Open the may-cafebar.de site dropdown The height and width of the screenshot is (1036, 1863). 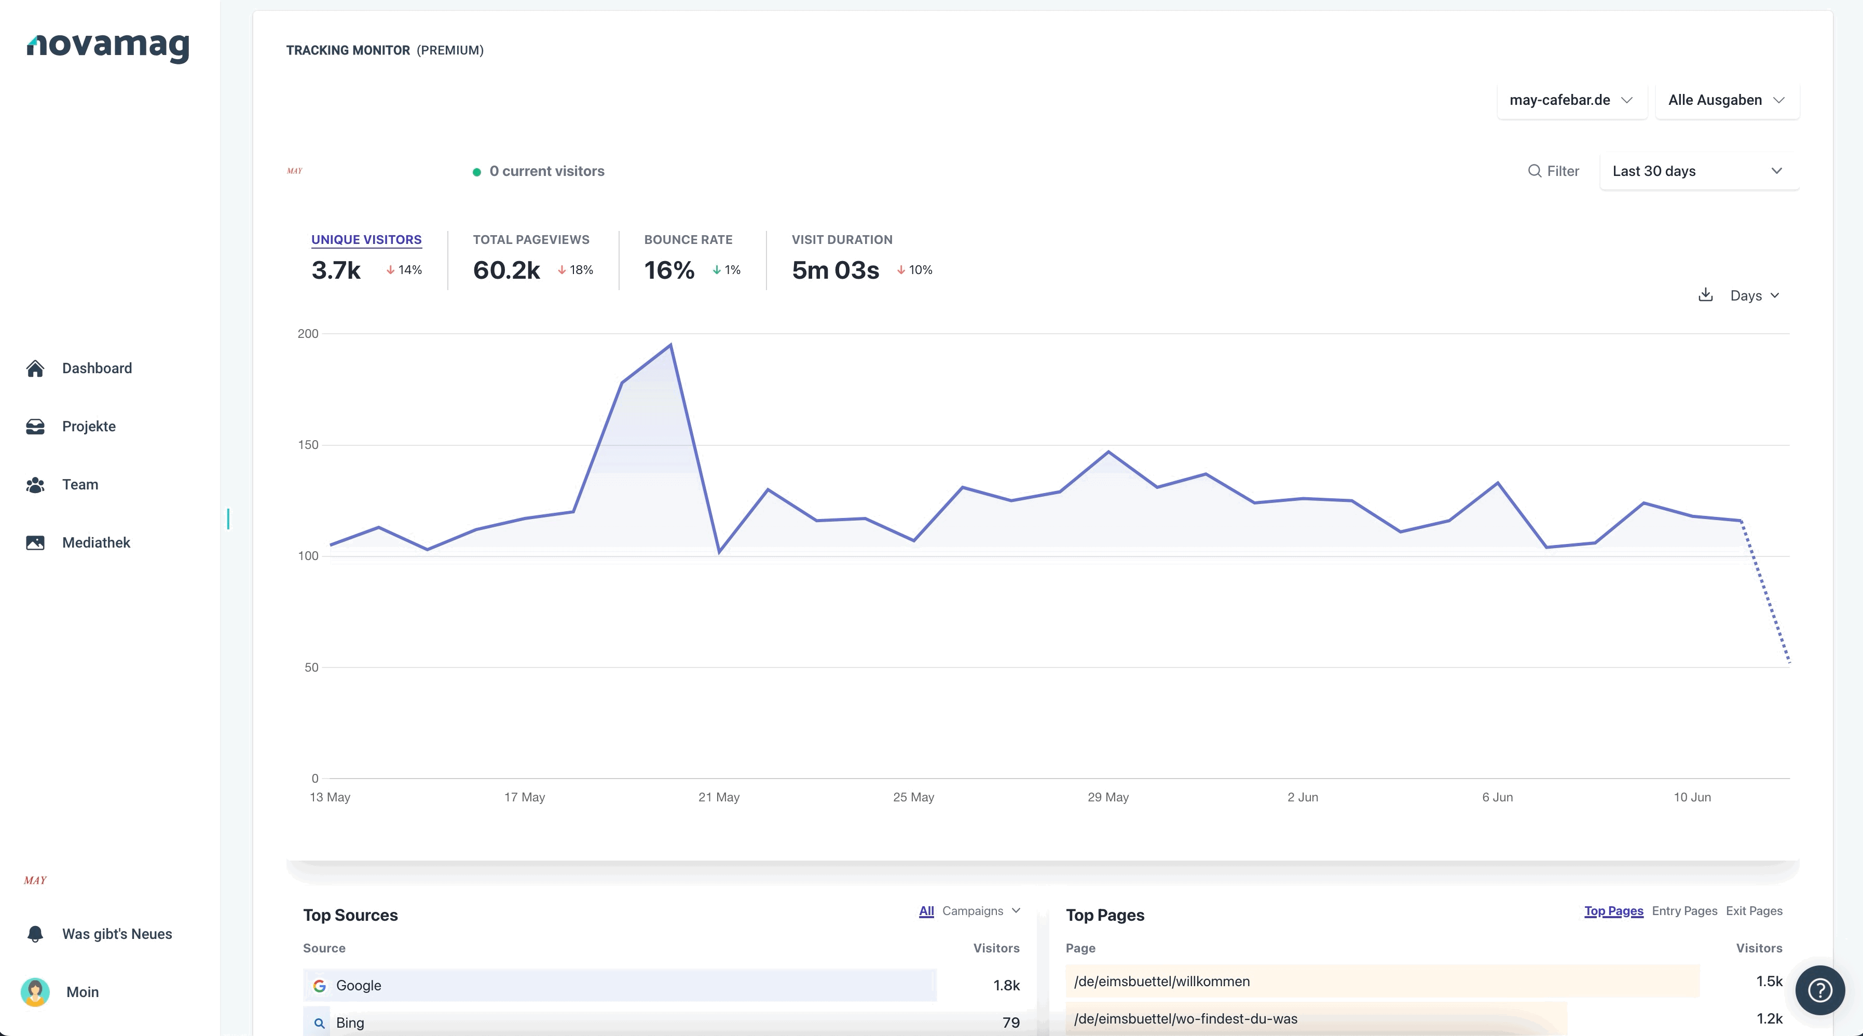click(x=1571, y=100)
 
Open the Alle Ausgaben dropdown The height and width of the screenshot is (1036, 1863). click(x=1727, y=100)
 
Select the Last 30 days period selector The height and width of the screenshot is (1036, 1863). click(x=1699, y=171)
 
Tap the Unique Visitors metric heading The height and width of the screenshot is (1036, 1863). click(x=366, y=239)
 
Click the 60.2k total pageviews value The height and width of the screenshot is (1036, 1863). click(x=506, y=270)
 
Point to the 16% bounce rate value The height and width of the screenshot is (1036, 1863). click(x=669, y=270)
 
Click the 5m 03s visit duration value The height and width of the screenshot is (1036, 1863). click(x=835, y=270)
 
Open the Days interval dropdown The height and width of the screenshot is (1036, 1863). click(x=1755, y=295)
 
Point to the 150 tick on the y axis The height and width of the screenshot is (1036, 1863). click(x=308, y=445)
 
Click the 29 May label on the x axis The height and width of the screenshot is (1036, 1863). click(x=1108, y=797)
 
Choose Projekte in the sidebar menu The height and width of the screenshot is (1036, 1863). click(x=89, y=427)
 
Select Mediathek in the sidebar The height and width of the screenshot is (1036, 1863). click(x=96, y=542)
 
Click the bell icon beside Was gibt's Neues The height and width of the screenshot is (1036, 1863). click(x=35, y=934)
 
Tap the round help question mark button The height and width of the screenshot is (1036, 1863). click(x=1819, y=990)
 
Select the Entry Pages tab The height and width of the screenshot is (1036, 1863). click(x=1684, y=911)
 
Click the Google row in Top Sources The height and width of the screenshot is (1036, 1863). click(x=620, y=985)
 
